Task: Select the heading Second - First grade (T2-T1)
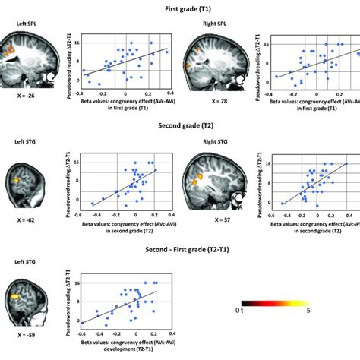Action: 180,248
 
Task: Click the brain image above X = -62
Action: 25,185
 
